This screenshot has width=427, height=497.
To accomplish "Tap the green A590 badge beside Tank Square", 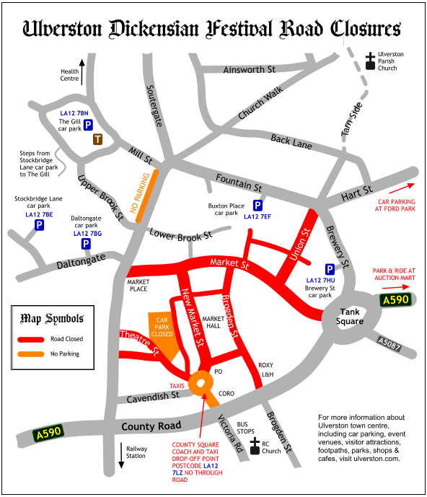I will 396,299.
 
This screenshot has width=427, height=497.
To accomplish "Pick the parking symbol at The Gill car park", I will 88,126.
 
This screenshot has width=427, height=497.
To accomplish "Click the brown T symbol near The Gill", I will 97,139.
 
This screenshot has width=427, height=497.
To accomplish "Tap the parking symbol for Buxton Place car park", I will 257,206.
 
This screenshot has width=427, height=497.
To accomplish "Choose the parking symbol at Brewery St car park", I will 330,269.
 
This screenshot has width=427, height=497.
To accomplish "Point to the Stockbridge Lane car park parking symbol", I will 39,226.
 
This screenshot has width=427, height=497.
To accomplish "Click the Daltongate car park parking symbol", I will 85,244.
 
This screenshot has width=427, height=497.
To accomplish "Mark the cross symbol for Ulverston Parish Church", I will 370,61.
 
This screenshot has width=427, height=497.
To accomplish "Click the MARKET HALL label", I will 213,322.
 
